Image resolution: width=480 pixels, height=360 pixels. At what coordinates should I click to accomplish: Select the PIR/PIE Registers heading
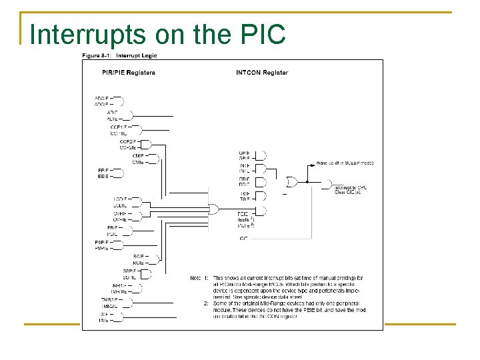(129, 73)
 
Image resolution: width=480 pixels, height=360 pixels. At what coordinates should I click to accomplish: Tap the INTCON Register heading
(262, 73)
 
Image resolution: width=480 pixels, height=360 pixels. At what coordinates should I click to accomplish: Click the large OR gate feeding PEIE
(213, 209)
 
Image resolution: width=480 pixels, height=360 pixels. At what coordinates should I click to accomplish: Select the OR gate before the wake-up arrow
(292, 182)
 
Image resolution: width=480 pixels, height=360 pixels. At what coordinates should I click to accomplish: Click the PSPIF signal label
(101, 242)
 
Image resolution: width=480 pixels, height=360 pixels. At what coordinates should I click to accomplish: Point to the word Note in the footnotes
(195, 277)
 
